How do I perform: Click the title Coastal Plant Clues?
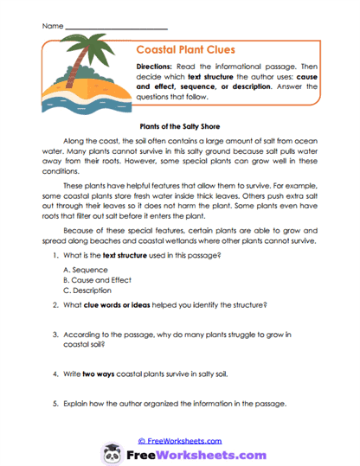click(186, 49)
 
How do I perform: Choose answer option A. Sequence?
click(83, 270)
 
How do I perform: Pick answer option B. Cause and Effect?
click(97, 281)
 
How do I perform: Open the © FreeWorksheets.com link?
click(180, 440)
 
